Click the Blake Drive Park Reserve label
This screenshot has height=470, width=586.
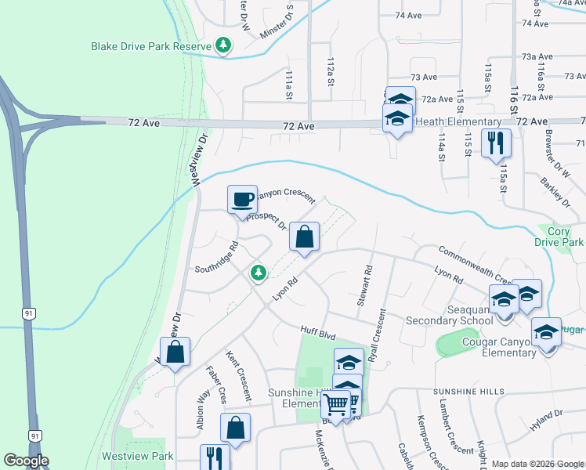tap(151, 47)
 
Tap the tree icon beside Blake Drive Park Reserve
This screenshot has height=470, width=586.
tap(224, 46)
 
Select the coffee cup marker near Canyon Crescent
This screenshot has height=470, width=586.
tap(242, 199)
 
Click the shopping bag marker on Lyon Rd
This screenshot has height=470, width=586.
tap(304, 237)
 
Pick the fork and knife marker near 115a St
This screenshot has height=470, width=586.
tap(496, 143)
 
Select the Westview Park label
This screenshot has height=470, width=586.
tap(137, 455)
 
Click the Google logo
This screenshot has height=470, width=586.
tap(26, 461)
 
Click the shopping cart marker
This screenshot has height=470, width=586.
tap(336, 404)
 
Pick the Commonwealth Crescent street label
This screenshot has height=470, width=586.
tap(476, 266)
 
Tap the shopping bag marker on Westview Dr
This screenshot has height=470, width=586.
tap(175, 352)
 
